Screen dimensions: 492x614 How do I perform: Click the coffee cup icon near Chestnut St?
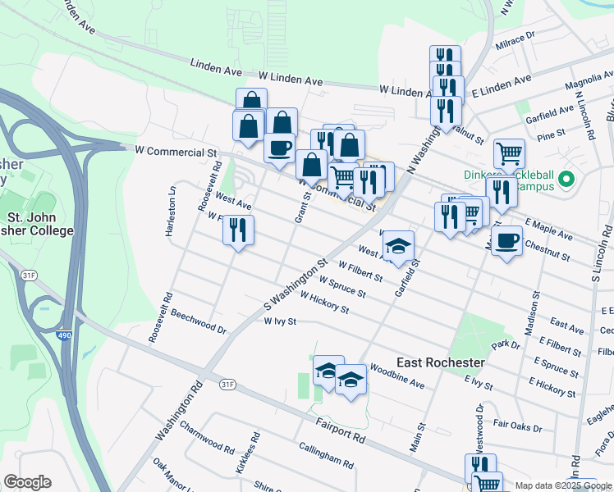pos(507,240)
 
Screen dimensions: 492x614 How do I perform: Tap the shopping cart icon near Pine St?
pos(509,153)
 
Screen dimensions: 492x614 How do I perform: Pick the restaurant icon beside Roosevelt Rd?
pos(238,229)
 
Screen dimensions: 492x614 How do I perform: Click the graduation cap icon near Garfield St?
pos(398,245)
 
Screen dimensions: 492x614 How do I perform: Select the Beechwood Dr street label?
pos(199,321)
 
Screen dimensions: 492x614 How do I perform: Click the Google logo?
pos(26,482)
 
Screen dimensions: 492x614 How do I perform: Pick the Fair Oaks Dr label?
pos(517,424)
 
